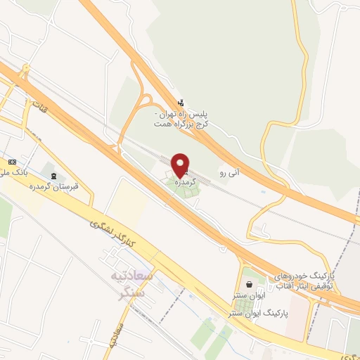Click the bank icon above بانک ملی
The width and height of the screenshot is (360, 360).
(10, 161)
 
